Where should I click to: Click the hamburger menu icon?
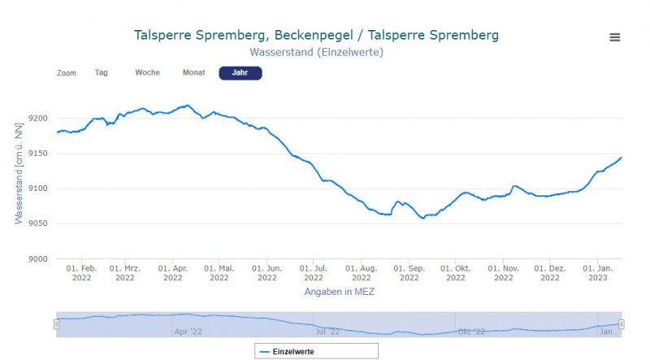point(615,37)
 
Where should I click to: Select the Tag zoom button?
point(102,72)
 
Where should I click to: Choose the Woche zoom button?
point(147,72)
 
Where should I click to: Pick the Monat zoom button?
point(193,72)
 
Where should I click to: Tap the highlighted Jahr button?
point(240,73)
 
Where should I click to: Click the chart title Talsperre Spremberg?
point(316,36)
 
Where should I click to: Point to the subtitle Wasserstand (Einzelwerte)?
point(316,52)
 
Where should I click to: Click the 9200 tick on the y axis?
point(37,119)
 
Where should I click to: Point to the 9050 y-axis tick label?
point(37,224)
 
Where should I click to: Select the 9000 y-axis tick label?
point(37,259)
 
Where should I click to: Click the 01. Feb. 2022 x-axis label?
point(81,272)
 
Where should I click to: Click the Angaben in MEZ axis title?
point(339,291)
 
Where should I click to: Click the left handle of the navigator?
point(56,324)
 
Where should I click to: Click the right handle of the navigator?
point(622,324)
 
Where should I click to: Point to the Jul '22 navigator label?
point(327,331)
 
